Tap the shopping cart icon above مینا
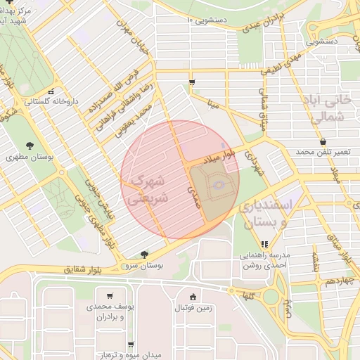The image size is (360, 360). (x=192, y=83)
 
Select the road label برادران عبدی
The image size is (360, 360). (x=263, y=21)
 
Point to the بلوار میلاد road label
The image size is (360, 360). (x=218, y=157)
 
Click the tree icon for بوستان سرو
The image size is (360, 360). (x=144, y=255)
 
